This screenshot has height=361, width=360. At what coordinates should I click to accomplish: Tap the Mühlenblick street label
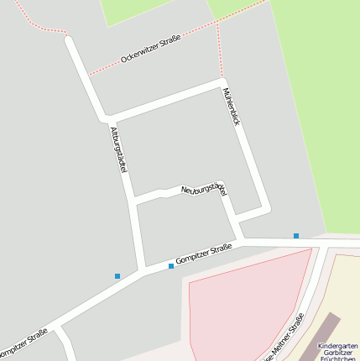[x=232, y=106]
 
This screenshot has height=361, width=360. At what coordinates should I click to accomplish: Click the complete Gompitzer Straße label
[x=204, y=255]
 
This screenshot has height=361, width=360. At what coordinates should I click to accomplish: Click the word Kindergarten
[x=337, y=345]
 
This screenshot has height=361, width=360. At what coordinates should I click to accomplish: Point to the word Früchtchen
[x=339, y=358]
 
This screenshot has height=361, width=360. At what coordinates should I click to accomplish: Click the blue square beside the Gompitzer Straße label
[x=171, y=266]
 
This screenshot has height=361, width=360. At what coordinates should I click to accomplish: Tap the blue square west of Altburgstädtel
[x=117, y=275]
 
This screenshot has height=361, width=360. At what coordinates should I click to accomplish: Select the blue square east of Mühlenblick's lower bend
[x=296, y=236]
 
